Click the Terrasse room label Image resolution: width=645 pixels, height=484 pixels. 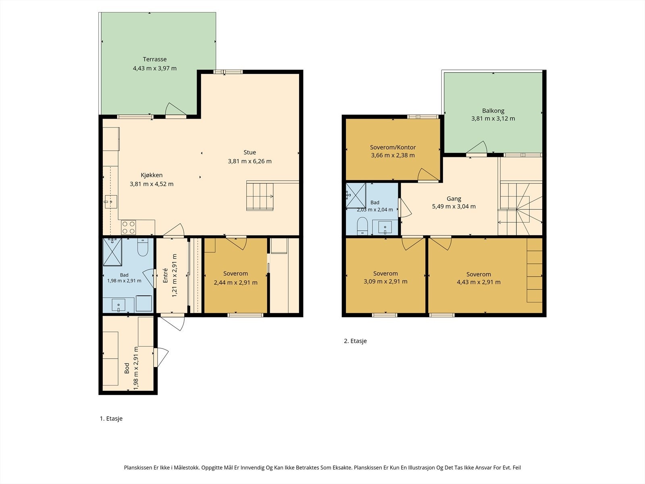point(154,59)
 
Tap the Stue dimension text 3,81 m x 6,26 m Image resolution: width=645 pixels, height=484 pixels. point(250,161)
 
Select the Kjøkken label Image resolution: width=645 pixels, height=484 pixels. point(152,175)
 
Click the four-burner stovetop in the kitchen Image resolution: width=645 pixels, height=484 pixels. point(129,227)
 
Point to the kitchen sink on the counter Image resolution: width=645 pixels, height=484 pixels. point(111,202)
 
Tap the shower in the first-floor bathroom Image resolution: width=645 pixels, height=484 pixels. point(112,252)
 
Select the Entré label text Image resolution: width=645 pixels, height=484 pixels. point(165,275)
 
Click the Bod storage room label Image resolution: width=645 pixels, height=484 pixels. point(127,368)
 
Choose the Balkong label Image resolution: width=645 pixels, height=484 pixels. point(493,111)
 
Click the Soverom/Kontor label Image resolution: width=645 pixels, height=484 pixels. point(393,148)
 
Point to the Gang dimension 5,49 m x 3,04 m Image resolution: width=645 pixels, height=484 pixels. point(454,207)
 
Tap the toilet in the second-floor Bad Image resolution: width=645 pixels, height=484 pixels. point(362,226)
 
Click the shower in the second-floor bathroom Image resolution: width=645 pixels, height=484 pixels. point(356,196)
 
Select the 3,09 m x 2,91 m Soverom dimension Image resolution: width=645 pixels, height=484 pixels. point(385,282)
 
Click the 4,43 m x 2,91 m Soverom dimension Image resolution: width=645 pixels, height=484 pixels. point(479,282)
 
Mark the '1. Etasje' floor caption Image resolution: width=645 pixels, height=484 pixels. point(111,419)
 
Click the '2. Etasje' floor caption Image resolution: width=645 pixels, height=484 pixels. point(355,341)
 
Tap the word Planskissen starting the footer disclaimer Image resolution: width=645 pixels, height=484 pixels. point(138,467)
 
